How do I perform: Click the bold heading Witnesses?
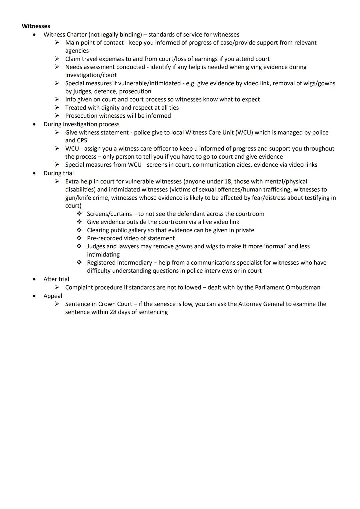point(36,26)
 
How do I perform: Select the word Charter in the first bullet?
point(77,34)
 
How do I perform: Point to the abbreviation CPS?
point(82,140)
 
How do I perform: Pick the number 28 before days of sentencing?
point(113,312)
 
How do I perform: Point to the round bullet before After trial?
point(34,279)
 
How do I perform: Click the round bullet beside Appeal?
point(34,296)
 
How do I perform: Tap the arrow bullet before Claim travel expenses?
point(57,59)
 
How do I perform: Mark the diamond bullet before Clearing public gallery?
point(79,230)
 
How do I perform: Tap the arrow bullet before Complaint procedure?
point(57,287)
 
